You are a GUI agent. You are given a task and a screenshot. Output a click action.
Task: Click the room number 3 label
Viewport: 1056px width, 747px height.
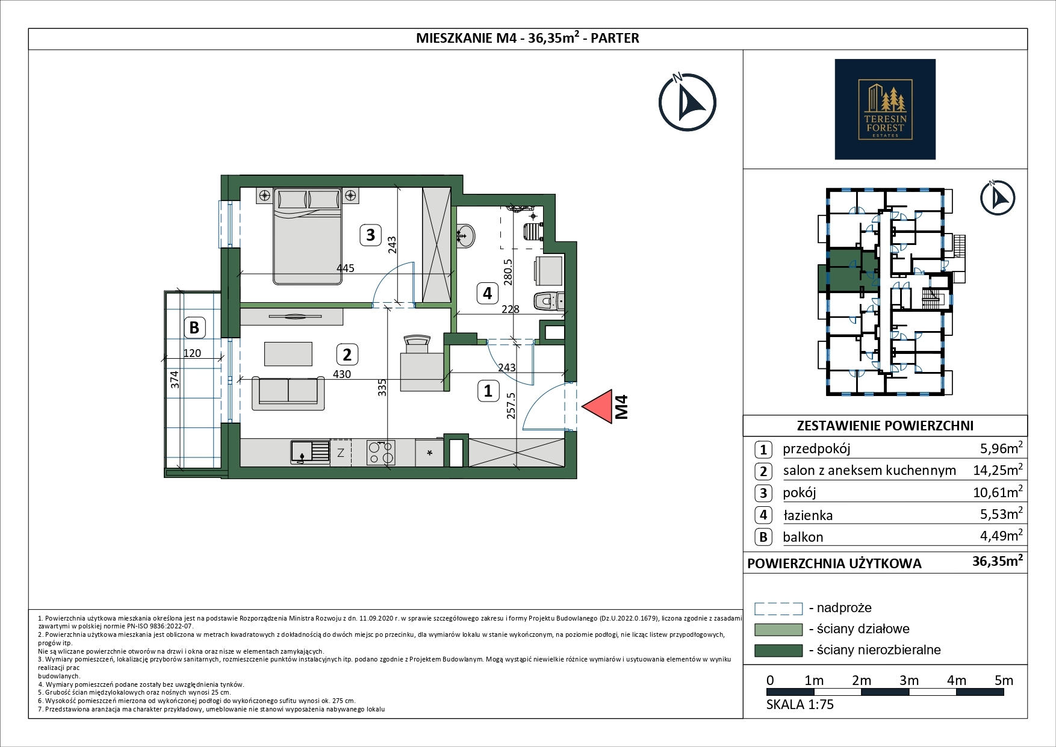click(x=371, y=234)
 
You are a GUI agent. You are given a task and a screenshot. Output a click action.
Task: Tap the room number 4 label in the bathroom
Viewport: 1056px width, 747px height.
click(x=488, y=293)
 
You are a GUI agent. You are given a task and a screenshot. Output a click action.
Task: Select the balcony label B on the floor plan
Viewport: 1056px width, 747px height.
click(x=194, y=327)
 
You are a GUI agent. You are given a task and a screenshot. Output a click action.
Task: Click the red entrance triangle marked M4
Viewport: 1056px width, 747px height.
click(x=597, y=407)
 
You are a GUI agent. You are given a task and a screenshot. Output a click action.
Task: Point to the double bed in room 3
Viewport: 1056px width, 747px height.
click(x=308, y=236)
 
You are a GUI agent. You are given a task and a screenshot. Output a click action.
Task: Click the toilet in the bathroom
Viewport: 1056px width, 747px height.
click(x=549, y=300)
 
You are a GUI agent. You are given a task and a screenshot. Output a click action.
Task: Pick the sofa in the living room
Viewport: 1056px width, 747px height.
click(x=285, y=393)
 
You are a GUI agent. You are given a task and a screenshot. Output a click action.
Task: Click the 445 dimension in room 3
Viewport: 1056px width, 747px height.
click(x=346, y=268)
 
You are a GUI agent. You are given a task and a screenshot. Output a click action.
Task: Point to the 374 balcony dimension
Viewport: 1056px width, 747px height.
click(x=175, y=379)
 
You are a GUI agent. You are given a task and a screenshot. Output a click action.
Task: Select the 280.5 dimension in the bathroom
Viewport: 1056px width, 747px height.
click(x=509, y=271)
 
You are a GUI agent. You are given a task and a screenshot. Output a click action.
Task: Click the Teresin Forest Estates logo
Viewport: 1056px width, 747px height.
click(x=885, y=109)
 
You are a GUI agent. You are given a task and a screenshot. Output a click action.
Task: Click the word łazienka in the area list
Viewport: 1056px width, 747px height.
click(x=808, y=515)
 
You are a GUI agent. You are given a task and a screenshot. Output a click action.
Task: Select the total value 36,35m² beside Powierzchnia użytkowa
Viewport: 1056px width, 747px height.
click(x=998, y=562)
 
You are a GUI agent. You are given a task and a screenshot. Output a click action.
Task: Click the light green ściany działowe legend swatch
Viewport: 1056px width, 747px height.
click(x=778, y=630)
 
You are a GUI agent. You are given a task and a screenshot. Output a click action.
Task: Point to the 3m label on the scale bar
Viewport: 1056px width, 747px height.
click(x=909, y=680)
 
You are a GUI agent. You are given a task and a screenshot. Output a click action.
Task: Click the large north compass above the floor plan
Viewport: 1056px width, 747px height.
click(x=687, y=102)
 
